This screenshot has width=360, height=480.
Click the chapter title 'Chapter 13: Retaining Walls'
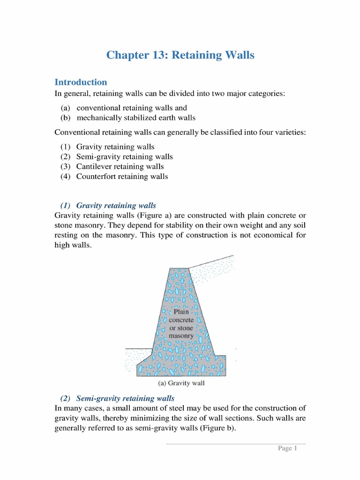[180, 55]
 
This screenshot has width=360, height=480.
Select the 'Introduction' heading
[81, 82]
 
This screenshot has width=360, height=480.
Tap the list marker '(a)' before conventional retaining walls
[65, 108]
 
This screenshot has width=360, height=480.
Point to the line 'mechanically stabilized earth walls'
[136, 118]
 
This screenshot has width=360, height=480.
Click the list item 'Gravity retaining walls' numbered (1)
[115, 147]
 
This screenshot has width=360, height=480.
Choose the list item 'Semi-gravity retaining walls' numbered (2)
[124, 157]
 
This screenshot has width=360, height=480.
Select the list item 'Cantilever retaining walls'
[120, 166]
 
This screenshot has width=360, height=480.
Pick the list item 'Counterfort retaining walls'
[122, 176]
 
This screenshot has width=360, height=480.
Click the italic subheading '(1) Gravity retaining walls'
[108, 205]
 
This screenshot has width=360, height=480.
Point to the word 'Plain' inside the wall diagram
[181, 311]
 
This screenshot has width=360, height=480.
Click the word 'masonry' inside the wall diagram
[181, 336]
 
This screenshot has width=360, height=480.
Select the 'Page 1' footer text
[288, 449]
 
